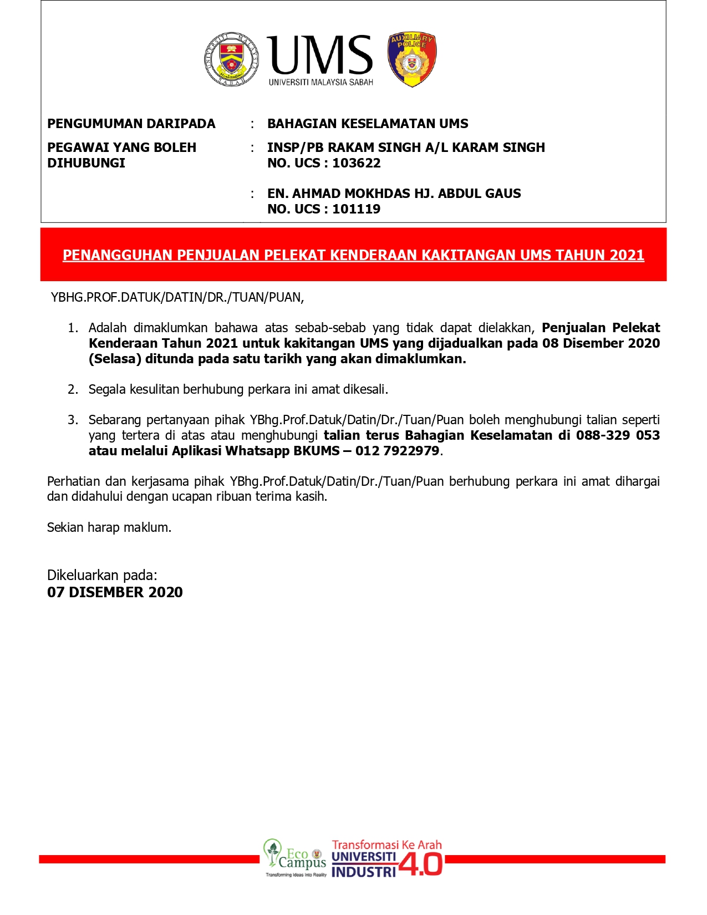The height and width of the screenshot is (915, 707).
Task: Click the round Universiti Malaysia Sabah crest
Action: [x=231, y=59]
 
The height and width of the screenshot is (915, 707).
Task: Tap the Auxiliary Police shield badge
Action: [x=411, y=59]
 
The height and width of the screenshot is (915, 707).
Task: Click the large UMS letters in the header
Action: [x=320, y=55]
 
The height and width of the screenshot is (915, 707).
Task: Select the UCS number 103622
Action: [x=356, y=163]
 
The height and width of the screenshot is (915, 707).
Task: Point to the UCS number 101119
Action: [x=356, y=209]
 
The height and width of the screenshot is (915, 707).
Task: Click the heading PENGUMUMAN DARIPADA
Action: [x=131, y=124]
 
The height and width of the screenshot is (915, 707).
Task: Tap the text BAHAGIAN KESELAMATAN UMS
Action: [x=368, y=124]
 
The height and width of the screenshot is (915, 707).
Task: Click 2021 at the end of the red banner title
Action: [x=627, y=255]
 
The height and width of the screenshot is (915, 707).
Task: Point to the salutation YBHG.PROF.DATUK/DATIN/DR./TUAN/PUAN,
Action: [x=177, y=297]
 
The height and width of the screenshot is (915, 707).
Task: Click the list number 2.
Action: [x=73, y=389]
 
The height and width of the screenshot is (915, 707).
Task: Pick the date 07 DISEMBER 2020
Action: [x=115, y=592]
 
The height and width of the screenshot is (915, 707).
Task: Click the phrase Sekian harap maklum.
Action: [x=109, y=527]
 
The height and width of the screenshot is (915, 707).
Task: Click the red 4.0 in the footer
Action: [x=421, y=865]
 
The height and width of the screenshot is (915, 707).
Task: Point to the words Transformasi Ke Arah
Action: [x=386, y=845]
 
